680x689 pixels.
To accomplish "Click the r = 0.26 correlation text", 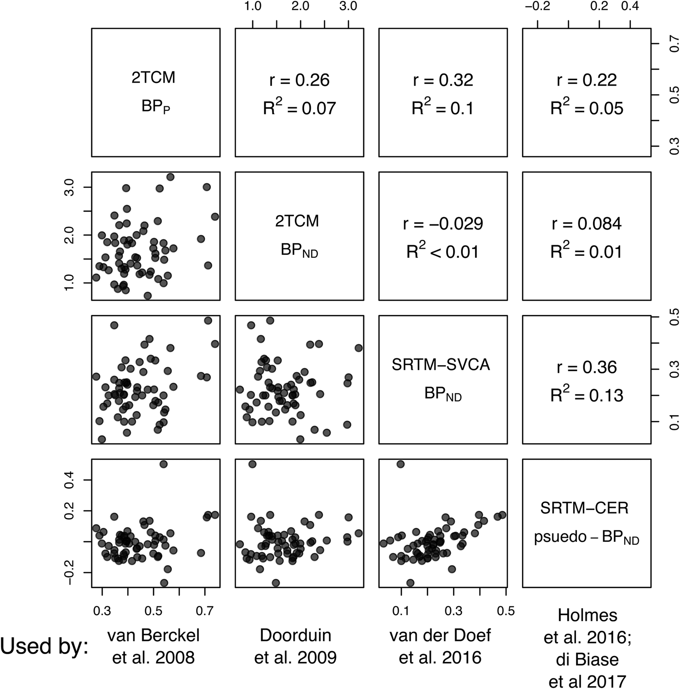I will (x=299, y=80).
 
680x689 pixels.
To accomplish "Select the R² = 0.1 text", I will (x=442, y=108).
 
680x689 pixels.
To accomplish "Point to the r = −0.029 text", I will (x=442, y=223).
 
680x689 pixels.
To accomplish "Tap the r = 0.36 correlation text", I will (x=586, y=367).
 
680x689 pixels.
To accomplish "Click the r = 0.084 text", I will (x=586, y=223).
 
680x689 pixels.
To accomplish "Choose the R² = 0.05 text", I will (x=586, y=108).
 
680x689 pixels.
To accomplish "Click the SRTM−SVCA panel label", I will (x=441, y=365).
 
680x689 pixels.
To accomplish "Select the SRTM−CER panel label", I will (x=584, y=508).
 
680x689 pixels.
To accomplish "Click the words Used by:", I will (x=45, y=647).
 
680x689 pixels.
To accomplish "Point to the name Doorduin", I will (x=295, y=635).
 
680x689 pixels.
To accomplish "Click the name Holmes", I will (x=587, y=615).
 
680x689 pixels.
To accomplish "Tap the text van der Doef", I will (x=440, y=635).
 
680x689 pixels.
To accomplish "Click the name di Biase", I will (x=587, y=659).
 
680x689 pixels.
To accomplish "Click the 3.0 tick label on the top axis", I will (x=348, y=6).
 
